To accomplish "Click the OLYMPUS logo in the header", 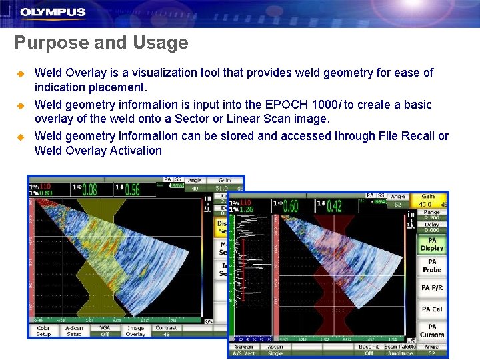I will coord(53,12).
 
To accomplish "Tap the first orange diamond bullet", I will coord(20,73).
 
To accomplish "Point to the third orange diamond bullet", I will coord(20,137).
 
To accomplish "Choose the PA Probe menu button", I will coord(432,266).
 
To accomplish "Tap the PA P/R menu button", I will coord(432,288).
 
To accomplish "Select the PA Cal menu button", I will coord(432,309).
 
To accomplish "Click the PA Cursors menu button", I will coord(432,331).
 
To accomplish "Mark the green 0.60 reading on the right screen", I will coord(289,206).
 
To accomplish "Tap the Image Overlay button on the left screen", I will coord(135,331).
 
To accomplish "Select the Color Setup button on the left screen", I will coord(43,331).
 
